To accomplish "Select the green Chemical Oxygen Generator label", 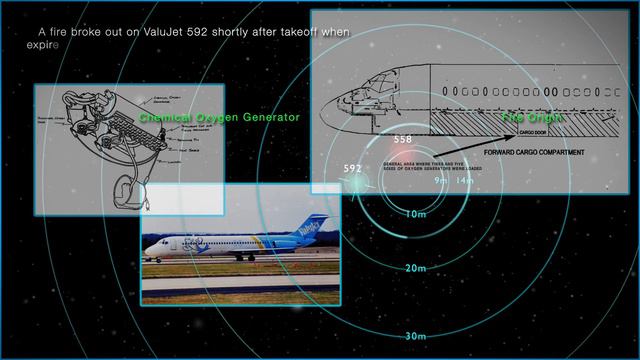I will (220, 117).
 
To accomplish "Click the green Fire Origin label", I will (533, 118).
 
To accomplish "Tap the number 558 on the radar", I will (403, 139).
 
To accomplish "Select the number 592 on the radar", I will (352, 168).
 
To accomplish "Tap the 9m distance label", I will (441, 181).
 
